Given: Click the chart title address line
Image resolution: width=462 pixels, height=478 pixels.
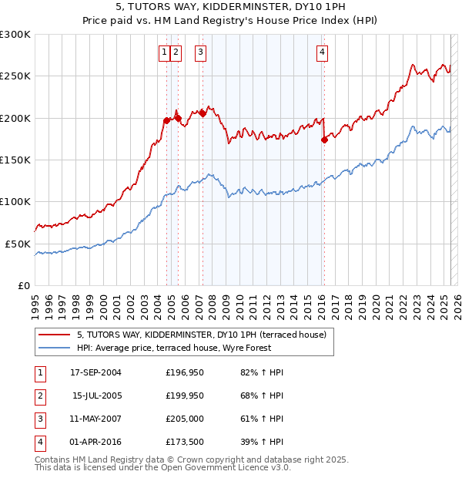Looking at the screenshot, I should point(231,8).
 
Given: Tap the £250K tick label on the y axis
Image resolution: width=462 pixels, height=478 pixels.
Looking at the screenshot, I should point(15,76).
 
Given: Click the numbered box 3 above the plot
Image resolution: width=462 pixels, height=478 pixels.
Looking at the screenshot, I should point(200,52).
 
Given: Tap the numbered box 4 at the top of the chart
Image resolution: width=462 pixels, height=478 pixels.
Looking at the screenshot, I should point(322,52).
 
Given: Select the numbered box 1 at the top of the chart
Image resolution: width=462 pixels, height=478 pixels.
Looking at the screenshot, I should point(165,52).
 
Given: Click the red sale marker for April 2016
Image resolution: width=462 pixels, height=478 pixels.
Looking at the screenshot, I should point(324,140).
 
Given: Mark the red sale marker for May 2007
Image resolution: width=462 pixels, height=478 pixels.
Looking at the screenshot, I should point(203,113).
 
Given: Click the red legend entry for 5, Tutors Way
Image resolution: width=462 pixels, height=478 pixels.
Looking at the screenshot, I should point(202,335).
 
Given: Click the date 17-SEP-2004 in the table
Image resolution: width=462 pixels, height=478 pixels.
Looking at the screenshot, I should point(95,372).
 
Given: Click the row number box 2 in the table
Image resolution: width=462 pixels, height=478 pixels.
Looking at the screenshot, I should point(39,396).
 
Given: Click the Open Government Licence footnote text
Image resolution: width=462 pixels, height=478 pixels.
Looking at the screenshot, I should point(163,467).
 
